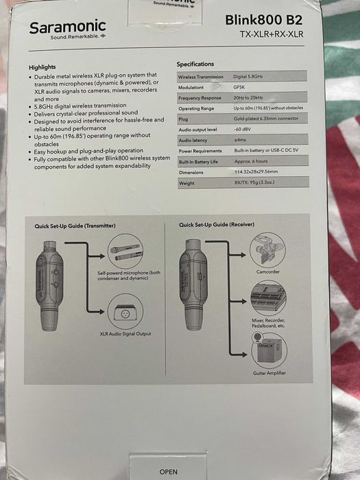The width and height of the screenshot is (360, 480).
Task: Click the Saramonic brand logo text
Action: [x=67, y=27]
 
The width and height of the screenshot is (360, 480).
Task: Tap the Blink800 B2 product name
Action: [x=263, y=21]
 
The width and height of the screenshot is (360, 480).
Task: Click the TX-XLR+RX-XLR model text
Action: [x=271, y=34]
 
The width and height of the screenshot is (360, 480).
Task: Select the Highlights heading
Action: [x=47, y=67]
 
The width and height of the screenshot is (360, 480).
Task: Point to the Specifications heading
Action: [x=195, y=64]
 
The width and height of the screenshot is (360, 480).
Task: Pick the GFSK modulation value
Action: [x=241, y=87]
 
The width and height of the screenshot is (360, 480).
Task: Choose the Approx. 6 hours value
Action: [x=253, y=160]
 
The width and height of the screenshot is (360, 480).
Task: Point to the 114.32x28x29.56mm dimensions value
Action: [x=257, y=171]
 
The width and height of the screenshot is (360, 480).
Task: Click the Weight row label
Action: [x=187, y=183]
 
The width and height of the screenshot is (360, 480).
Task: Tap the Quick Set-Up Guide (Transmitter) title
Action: [x=75, y=225]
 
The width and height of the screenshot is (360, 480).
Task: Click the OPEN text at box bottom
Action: [x=168, y=472]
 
